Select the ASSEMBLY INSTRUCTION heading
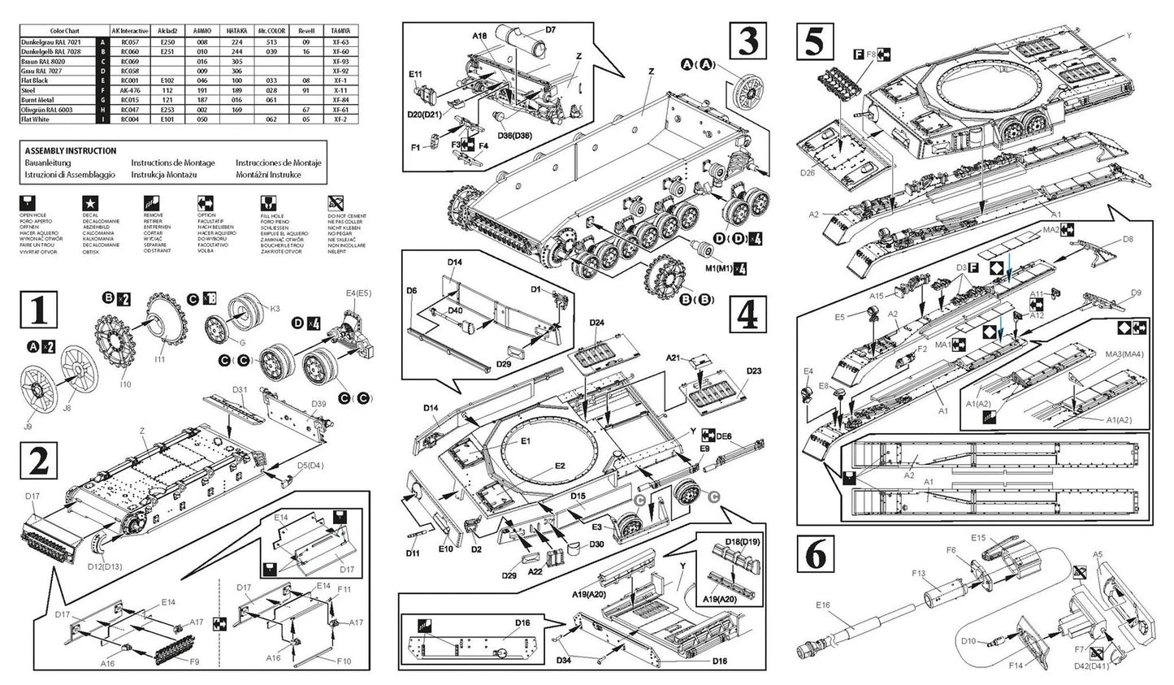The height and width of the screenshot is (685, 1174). (71, 151)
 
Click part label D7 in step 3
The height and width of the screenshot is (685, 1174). (550, 30)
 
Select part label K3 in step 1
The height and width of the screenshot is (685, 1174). (275, 309)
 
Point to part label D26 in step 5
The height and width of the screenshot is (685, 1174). (807, 172)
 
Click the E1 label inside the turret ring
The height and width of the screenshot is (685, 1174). (525, 441)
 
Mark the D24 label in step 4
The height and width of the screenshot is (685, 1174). (596, 323)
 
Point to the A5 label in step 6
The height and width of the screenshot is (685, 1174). (1097, 554)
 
